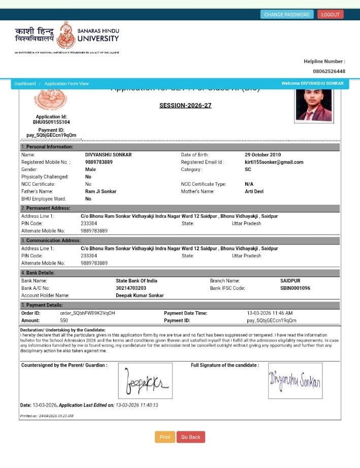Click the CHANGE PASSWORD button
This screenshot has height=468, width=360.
(x=287, y=14)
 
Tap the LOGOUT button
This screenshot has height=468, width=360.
(x=330, y=14)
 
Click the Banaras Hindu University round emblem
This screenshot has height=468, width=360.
(x=66, y=35)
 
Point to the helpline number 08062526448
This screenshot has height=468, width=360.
(x=329, y=72)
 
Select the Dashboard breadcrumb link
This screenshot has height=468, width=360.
(x=25, y=84)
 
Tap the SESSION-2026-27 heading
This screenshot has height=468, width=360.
(x=185, y=106)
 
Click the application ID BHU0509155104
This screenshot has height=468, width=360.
(x=51, y=122)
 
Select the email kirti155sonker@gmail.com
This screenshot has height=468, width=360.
(x=274, y=162)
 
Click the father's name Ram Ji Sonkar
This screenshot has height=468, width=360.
(x=101, y=192)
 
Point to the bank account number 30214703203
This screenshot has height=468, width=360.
(x=131, y=288)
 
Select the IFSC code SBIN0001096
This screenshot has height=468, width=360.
(x=295, y=288)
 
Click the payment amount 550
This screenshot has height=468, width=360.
(x=64, y=321)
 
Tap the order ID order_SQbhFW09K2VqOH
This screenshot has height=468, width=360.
(x=87, y=313)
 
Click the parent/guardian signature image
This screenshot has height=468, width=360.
(x=145, y=381)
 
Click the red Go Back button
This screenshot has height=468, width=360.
(x=191, y=437)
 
